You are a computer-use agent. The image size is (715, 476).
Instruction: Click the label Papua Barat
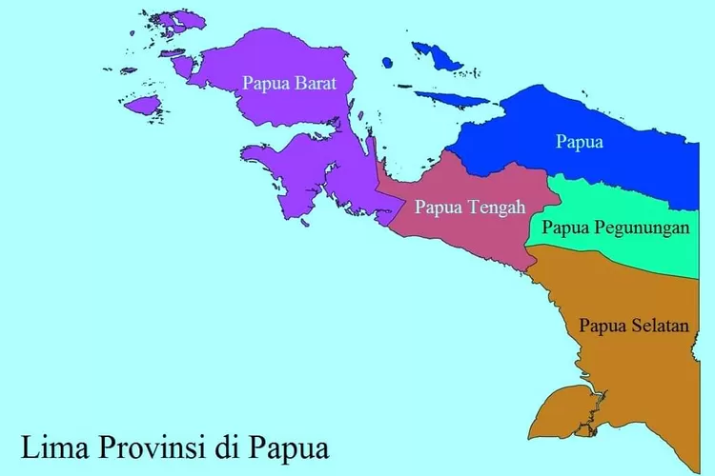tap(290, 82)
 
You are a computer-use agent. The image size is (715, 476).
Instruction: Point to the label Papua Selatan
tap(633, 326)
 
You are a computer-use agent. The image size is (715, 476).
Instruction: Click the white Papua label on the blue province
tap(580, 143)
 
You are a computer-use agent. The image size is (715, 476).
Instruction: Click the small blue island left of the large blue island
tap(387, 63)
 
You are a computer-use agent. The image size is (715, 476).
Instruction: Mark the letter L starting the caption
tap(30, 445)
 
